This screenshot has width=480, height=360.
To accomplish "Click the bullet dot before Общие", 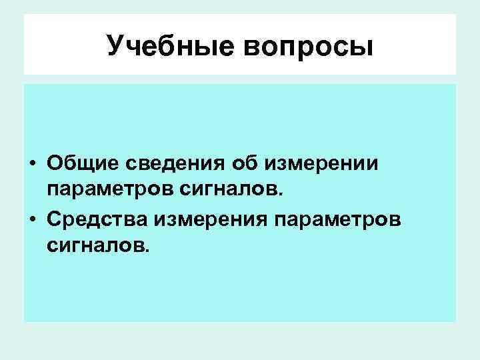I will click(33, 164).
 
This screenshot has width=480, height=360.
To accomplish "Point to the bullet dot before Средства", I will click(33, 221).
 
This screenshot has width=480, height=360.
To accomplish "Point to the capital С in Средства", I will click(54, 219).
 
